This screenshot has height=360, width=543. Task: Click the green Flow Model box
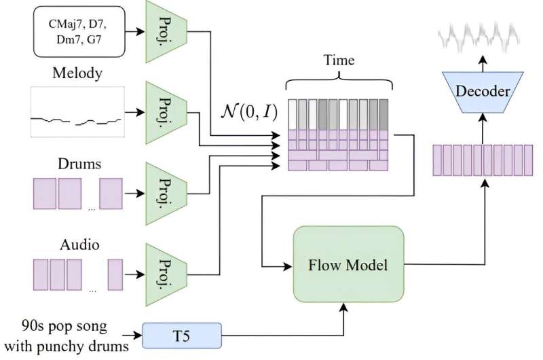pos(348,264)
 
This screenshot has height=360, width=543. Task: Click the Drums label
pos(76,164)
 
